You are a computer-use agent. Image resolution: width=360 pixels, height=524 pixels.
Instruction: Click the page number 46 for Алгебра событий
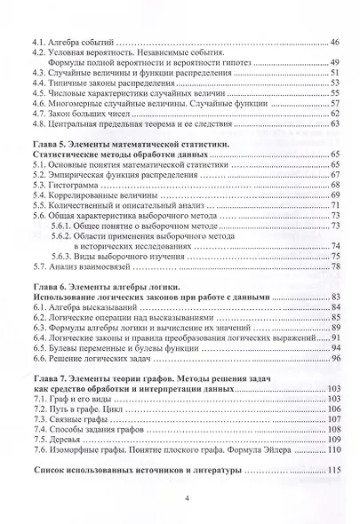(335, 42)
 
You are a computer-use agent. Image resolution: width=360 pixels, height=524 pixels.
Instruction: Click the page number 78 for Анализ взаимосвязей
(336, 266)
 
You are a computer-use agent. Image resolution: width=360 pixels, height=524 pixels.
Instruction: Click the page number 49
(335, 65)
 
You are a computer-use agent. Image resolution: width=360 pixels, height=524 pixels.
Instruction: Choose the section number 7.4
(38, 426)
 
